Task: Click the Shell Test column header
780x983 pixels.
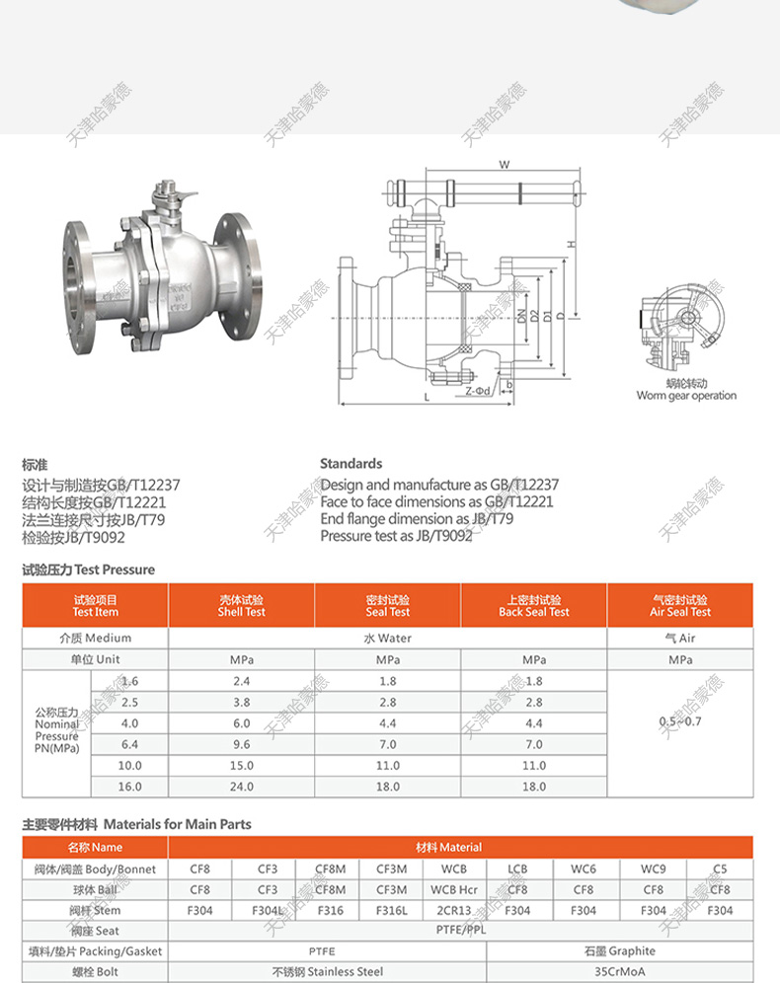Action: [x=242, y=605]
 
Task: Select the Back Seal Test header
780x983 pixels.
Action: [x=534, y=605]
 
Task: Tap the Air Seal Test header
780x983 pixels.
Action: [x=680, y=605]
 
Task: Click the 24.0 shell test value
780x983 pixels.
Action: [x=242, y=787]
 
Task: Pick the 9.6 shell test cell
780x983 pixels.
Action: [x=242, y=744]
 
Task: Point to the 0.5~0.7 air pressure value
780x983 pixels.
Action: [x=680, y=722]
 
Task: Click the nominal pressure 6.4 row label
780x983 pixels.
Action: [x=129, y=744]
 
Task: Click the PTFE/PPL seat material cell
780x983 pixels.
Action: [x=460, y=931]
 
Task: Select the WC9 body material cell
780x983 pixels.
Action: [x=653, y=870]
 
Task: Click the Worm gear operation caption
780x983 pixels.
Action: [x=686, y=396]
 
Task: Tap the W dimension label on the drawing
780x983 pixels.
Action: [x=504, y=165]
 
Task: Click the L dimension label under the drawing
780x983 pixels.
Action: [x=427, y=397]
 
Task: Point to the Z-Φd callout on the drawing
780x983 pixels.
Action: [x=477, y=391]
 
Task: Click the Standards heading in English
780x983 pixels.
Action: [x=351, y=463]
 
